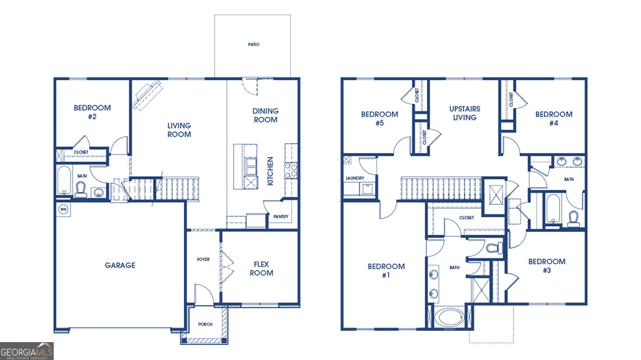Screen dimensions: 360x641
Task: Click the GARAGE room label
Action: [120, 265]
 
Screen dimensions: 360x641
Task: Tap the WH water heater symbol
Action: [62, 209]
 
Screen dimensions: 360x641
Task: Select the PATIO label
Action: [253, 44]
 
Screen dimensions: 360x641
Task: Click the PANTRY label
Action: [281, 217]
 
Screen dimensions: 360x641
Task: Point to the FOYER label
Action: [203, 259]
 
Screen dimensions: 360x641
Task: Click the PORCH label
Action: [205, 324]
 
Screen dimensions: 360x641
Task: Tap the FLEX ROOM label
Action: [261, 269]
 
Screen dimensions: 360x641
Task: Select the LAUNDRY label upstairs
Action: [355, 178]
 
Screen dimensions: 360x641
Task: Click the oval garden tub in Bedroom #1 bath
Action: [449, 317]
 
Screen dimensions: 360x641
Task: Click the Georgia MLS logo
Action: [27, 351]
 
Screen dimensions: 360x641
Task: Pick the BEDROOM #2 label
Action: [92, 112]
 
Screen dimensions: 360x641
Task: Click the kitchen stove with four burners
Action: [291, 171]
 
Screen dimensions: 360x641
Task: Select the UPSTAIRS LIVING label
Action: [465, 113]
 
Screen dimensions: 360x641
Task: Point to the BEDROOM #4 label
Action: [554, 118]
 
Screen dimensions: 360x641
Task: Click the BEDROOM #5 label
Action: [380, 118]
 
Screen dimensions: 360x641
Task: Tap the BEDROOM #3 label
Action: [547, 266]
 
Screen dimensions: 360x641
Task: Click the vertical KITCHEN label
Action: [270, 171]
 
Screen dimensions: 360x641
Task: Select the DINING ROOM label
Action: [265, 115]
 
